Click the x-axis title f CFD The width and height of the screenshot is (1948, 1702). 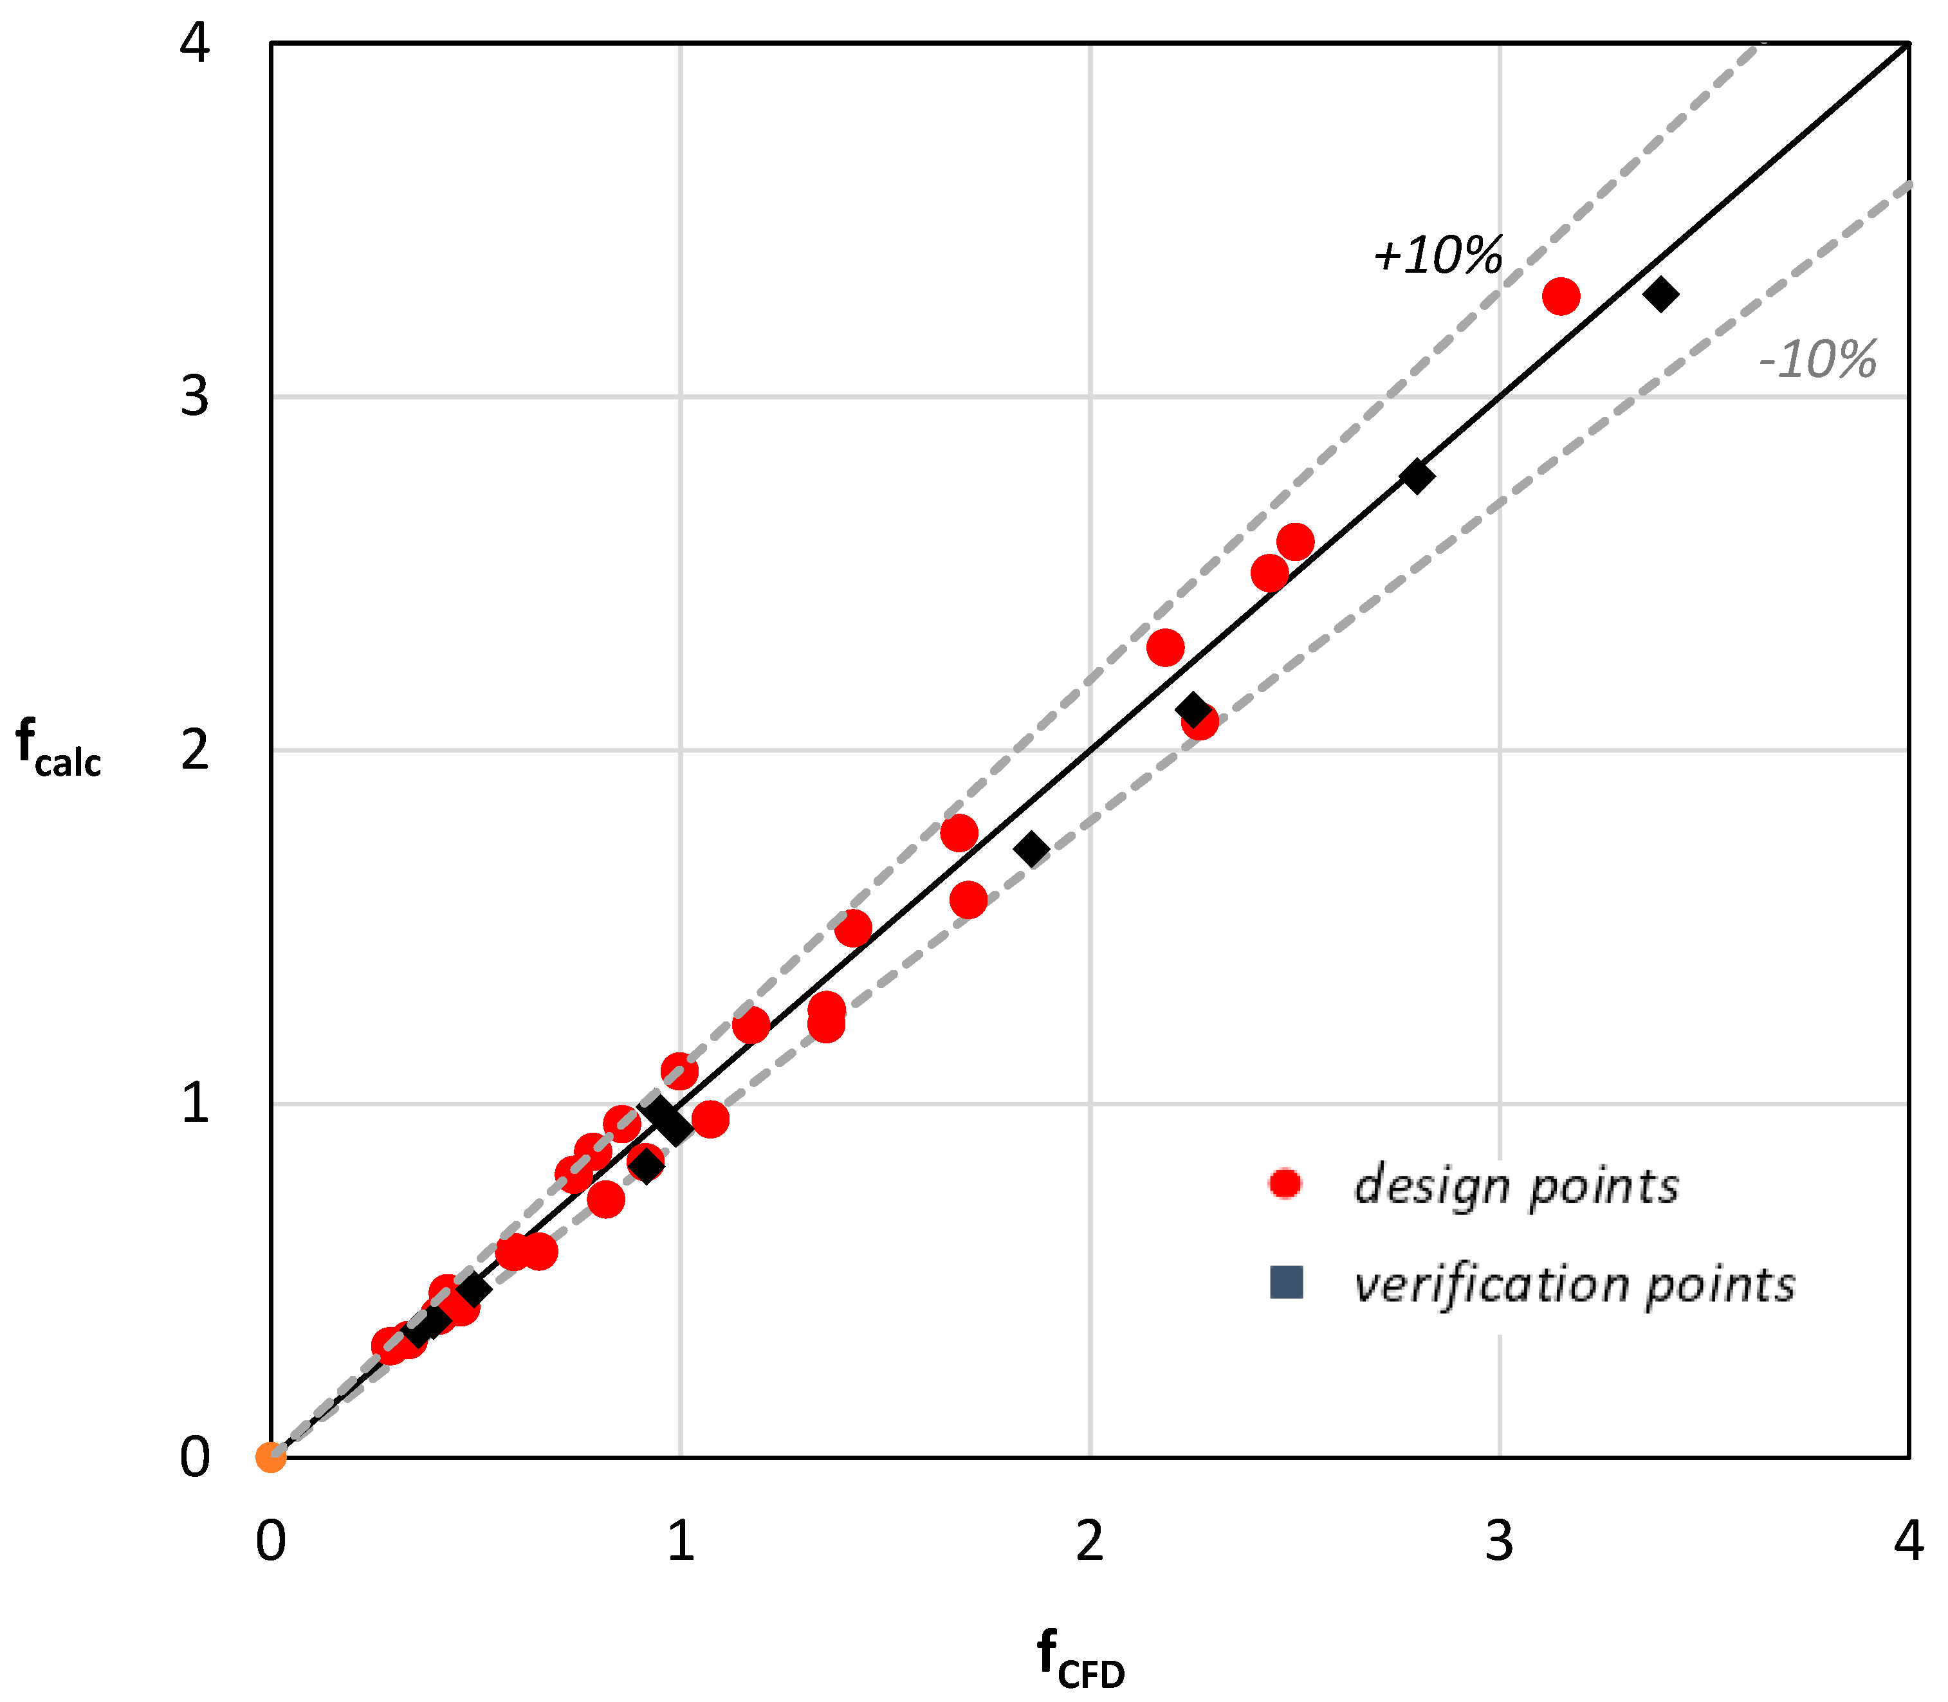[x=1080, y=1658]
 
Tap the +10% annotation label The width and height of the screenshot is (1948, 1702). [x=1437, y=255]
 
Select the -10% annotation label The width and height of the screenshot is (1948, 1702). [x=1817, y=360]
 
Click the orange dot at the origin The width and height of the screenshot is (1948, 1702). [x=271, y=1457]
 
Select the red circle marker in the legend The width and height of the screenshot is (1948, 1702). [x=1285, y=1184]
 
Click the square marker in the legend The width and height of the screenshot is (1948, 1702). [x=1286, y=1282]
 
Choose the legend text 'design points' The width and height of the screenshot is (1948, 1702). [x=1516, y=1185]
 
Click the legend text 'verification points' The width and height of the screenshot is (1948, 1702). [x=1574, y=1284]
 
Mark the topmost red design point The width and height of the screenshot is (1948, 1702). [x=1561, y=297]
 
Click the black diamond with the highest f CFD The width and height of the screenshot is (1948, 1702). [x=1660, y=295]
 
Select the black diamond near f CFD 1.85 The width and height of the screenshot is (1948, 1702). [x=1031, y=849]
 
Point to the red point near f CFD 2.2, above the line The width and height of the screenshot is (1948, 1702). [x=1165, y=648]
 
